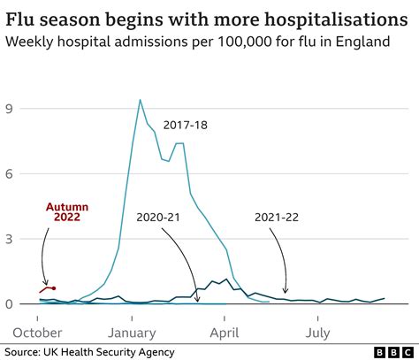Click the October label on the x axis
(38, 333)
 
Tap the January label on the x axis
(133, 333)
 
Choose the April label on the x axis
(225, 333)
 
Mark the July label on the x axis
(318, 333)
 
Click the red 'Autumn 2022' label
(66, 213)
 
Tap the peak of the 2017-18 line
(140, 100)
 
